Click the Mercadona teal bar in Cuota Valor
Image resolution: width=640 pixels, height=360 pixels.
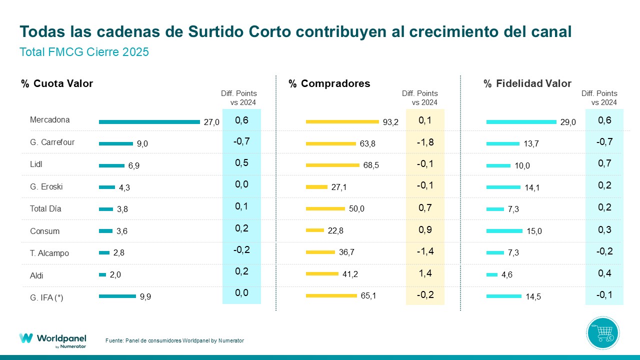coord(149,122)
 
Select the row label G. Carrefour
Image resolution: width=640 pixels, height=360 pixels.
coord(52,142)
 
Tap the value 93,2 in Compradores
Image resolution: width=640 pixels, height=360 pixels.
coord(390,122)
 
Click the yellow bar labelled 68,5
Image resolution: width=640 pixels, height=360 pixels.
coord(332,165)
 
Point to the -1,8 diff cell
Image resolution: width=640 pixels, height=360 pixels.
coord(425,142)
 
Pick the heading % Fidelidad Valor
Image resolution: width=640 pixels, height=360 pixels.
coord(527,83)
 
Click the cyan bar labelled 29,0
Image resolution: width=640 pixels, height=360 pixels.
coord(521,122)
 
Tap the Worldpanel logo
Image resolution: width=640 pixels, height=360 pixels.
coord(52,339)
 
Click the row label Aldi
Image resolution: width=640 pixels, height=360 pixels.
coord(37,275)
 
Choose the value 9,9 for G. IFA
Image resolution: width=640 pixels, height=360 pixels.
coord(145,297)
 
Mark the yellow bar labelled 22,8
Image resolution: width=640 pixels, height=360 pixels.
coord(315,230)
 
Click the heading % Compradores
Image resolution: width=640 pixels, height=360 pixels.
coord(329,83)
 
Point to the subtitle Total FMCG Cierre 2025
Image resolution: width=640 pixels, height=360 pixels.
coord(84,52)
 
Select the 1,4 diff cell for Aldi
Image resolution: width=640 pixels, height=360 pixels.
coord(425,273)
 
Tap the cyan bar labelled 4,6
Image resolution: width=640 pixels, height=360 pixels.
coord(492,274)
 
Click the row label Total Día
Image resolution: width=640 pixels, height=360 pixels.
coord(45,208)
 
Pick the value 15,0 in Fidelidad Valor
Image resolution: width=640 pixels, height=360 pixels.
coord(534,231)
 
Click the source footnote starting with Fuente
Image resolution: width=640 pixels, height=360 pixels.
coord(174,340)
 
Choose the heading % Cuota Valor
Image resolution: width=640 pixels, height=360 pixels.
coord(57,83)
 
